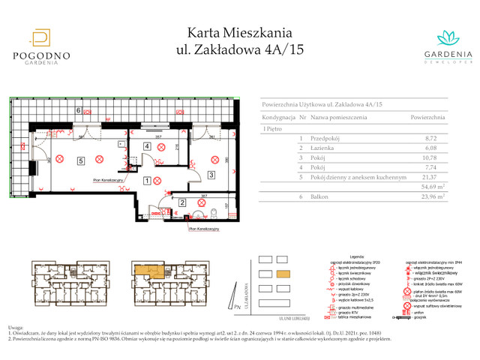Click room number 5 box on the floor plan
tap(79, 160)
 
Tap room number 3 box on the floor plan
tap(212, 175)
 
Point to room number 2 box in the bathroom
tap(182, 202)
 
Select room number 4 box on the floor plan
tap(148, 147)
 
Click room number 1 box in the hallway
tap(147, 180)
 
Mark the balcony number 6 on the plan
tap(78, 110)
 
